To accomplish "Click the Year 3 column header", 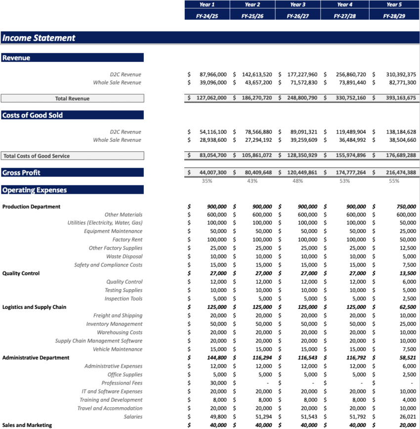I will coord(297,4).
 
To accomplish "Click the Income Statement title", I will coord(39,38).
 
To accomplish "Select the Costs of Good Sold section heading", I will coord(33,115).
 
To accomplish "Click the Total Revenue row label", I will coord(72,98).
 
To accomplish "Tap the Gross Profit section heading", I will coord(21,172).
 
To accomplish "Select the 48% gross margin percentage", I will coord(297,181).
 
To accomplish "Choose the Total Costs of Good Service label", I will coord(37,156).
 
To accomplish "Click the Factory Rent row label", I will coord(127,240).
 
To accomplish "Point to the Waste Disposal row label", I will coord(124,257).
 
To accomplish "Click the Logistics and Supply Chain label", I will coord(34,307).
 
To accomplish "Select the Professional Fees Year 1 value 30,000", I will coord(217,383).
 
